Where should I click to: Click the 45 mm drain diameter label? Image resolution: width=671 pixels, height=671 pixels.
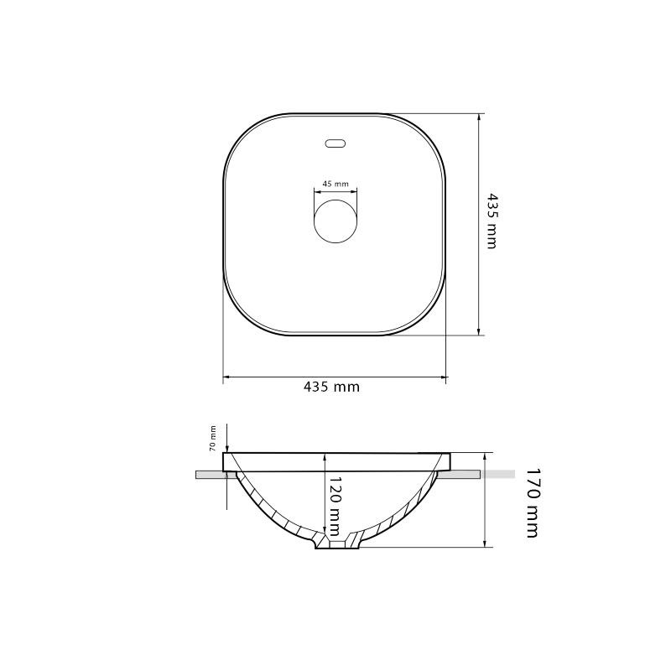pyautogui.click(x=335, y=184)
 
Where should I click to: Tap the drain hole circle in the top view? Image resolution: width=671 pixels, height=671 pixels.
pyautogui.click(x=335, y=221)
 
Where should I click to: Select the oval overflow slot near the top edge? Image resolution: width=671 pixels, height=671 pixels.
pyautogui.click(x=335, y=143)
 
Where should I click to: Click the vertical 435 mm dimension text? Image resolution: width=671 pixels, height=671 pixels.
pyautogui.click(x=492, y=221)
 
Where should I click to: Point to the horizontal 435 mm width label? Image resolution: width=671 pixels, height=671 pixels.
pyautogui.click(x=331, y=387)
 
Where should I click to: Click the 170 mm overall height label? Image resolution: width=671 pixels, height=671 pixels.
pyautogui.click(x=532, y=502)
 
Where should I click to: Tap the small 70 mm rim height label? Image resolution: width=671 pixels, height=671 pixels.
pyautogui.click(x=212, y=439)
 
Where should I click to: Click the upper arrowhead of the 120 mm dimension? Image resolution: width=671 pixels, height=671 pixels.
pyautogui.click(x=325, y=457)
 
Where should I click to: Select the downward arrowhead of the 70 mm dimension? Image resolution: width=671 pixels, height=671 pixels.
pyautogui.click(x=226, y=448)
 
